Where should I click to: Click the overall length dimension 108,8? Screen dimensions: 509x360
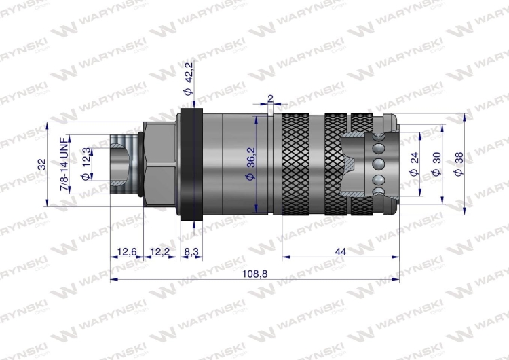[254, 274]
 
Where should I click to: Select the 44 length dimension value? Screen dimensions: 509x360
[340, 251]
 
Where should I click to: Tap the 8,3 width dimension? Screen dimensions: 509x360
[191, 252]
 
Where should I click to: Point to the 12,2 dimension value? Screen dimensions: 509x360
[160, 252]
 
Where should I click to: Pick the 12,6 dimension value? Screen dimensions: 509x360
[127, 252]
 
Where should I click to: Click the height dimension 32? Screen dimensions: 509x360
[43, 164]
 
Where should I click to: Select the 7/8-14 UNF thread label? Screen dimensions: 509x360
[65, 165]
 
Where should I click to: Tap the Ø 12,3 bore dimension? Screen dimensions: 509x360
[86, 164]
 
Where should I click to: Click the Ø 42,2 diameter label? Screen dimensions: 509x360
[189, 78]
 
